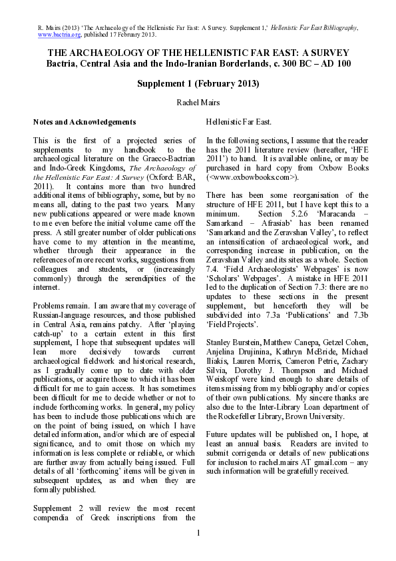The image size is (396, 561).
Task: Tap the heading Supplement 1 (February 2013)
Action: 198,84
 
